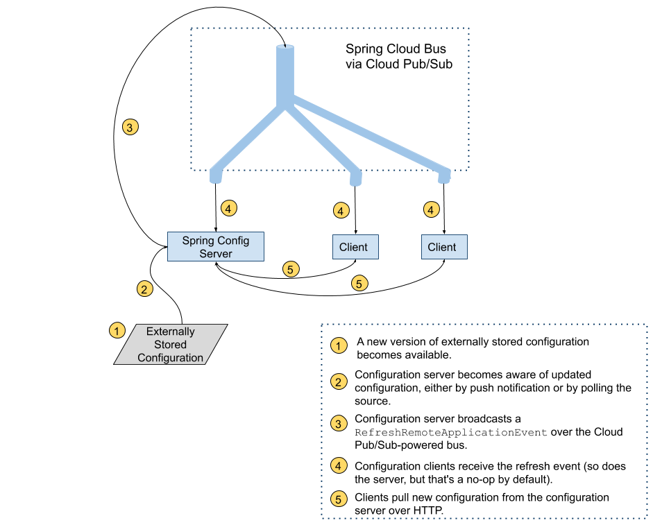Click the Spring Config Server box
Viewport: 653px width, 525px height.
coord(215,246)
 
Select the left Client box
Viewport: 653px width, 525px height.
coord(355,247)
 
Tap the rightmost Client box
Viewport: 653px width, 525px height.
coord(443,247)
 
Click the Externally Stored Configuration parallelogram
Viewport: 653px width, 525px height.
coord(171,345)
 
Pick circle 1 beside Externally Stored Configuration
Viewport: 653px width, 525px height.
coord(117,330)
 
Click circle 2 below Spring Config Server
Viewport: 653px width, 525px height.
coord(144,289)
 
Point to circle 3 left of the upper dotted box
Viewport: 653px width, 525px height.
coord(130,128)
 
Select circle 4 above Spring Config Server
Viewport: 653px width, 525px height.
coord(229,207)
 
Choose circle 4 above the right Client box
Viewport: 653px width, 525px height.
coord(432,209)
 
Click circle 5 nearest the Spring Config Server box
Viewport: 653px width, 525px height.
coord(291,269)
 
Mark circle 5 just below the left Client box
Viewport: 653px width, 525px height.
coord(359,283)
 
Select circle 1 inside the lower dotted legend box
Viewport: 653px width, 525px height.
coord(339,345)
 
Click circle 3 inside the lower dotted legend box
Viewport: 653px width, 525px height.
coord(339,424)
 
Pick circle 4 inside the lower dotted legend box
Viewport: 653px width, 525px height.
coord(339,465)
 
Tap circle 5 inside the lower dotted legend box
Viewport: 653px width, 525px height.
coord(339,499)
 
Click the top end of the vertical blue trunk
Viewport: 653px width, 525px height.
coord(285,49)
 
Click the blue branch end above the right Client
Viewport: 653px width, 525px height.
coord(445,178)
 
